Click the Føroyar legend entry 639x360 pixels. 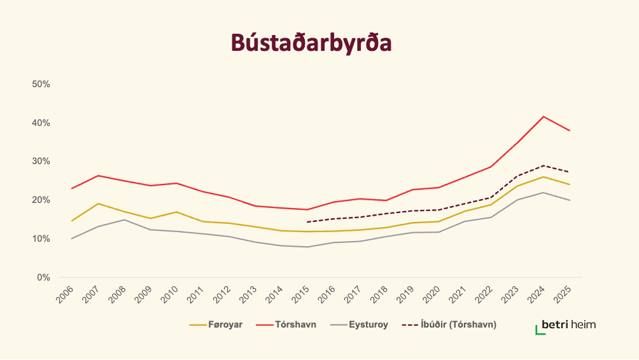216,324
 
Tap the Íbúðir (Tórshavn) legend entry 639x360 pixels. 449,324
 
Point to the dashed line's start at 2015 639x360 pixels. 307,222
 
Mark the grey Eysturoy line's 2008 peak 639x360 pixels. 124,220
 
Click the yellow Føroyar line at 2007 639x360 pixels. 97,204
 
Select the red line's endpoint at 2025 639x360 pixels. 570,130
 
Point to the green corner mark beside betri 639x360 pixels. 539,330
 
